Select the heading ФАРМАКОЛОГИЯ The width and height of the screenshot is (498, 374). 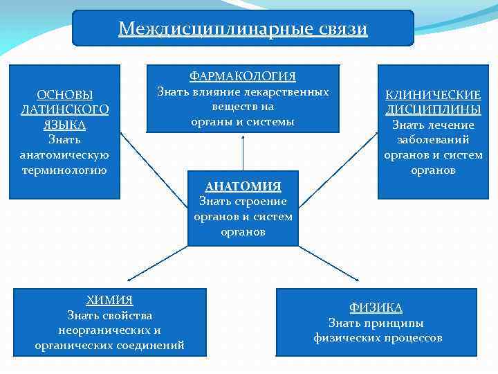click(x=243, y=76)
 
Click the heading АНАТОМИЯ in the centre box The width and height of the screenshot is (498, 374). click(x=243, y=186)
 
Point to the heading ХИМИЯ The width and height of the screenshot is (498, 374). click(x=109, y=300)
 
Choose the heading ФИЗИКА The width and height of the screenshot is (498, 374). click(x=376, y=308)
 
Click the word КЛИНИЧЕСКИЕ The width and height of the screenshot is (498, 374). click(x=433, y=95)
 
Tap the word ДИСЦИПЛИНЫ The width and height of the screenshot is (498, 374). click(x=433, y=109)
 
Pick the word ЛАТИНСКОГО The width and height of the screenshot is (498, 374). click(x=64, y=110)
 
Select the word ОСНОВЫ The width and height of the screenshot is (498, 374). click(x=64, y=95)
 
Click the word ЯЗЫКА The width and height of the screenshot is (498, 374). click(x=64, y=125)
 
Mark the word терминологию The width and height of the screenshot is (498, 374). click(x=64, y=170)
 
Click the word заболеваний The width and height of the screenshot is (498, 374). click(x=433, y=140)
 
